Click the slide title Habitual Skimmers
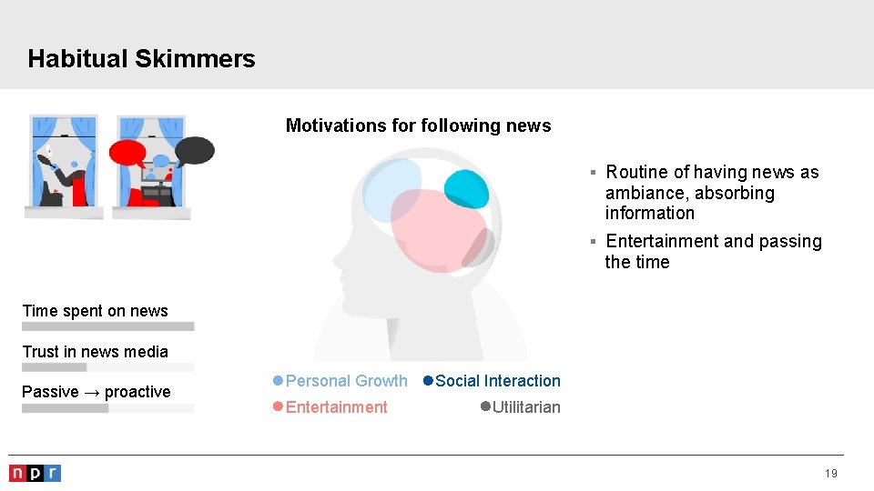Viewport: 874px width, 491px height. point(141,59)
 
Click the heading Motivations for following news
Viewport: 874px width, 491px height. point(418,125)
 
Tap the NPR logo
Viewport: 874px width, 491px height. point(35,473)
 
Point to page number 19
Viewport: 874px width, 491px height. point(830,474)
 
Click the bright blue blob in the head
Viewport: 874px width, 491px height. point(466,188)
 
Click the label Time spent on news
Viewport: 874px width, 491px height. point(95,311)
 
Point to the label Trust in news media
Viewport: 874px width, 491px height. point(95,352)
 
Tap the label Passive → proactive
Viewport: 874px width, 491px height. point(96,392)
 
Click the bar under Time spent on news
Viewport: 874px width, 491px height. point(107,326)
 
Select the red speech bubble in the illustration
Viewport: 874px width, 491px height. point(127,152)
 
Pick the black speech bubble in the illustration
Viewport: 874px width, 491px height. point(194,149)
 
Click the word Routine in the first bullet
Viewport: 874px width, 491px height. point(636,173)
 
